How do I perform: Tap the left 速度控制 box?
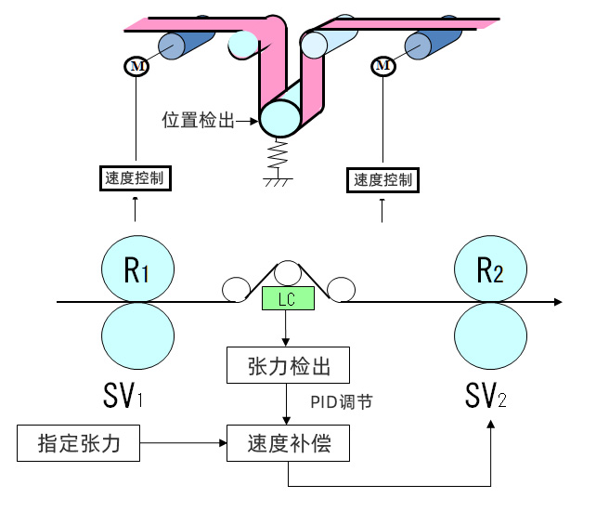pos(136,177)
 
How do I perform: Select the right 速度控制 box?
pos(382,179)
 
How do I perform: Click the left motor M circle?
pos(136,66)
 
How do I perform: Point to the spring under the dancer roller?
pos(275,152)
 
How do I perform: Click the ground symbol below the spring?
pos(275,178)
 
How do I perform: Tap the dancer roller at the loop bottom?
pos(279,118)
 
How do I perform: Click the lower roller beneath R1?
pos(137,335)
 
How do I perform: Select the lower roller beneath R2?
pos(490,335)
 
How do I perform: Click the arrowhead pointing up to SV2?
pos(490,425)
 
